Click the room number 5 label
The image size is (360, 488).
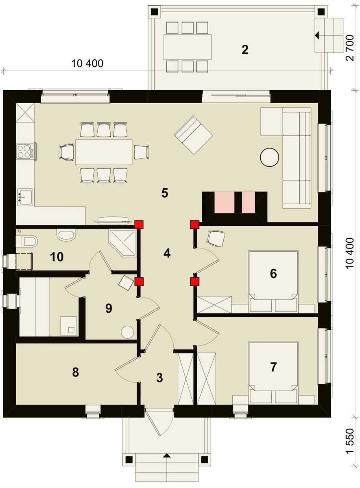pyautogui.click(x=165, y=193)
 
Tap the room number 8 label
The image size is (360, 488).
pyautogui.click(x=75, y=372)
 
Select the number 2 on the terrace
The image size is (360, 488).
pyautogui.click(x=245, y=50)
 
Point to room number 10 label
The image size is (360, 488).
pyautogui.click(x=57, y=257)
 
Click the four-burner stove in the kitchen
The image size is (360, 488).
pyautogui.click(x=24, y=151)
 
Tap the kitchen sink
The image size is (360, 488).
pyautogui.click(x=25, y=197)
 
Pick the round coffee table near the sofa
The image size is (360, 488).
pyautogui.click(x=269, y=157)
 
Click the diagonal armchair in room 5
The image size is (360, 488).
pyautogui.click(x=193, y=135)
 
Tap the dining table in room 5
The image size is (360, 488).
pyautogui.click(x=104, y=152)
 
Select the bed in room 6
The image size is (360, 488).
pyautogui.click(x=273, y=281)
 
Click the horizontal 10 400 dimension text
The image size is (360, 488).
pyautogui.click(x=87, y=63)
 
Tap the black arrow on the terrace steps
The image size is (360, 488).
pyautogui.click(x=317, y=35)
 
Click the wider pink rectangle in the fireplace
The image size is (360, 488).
pyautogui.click(x=225, y=203)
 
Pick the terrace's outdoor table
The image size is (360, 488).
pyautogui.click(x=188, y=47)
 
